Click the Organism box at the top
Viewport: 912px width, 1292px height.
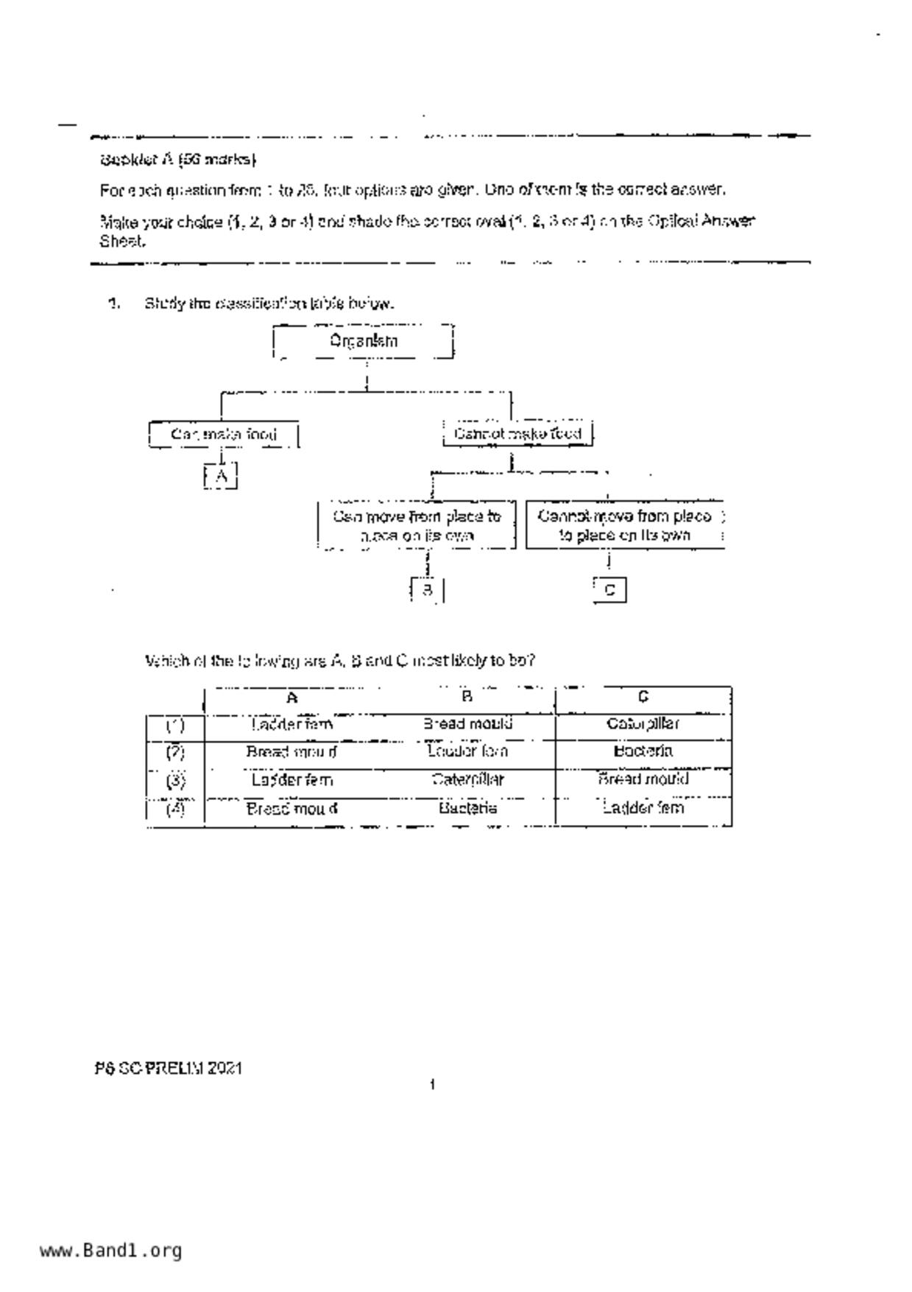pos(363,341)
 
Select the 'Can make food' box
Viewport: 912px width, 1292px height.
pos(224,434)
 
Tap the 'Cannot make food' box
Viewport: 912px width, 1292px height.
pos(517,433)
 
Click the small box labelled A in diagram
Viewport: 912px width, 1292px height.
pos(221,476)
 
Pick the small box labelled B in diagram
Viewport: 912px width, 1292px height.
pos(427,589)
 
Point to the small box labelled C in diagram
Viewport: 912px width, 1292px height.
pos(609,590)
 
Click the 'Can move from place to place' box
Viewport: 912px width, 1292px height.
pos(417,525)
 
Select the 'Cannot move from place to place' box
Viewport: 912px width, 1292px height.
pos(625,525)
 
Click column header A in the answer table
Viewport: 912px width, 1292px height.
pos(292,698)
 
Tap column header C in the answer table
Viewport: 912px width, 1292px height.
pos(643,697)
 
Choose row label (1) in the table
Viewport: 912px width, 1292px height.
pos(174,726)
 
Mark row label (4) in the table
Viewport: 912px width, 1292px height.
pos(174,809)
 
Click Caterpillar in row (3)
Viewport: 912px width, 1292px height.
pos(467,779)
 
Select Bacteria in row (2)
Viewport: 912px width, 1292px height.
pos(643,751)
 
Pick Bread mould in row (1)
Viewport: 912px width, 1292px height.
pos(467,724)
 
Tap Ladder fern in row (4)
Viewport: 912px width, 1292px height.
pos(643,808)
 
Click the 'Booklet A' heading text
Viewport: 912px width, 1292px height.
pos(178,159)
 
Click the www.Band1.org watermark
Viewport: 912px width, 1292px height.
pos(111,1250)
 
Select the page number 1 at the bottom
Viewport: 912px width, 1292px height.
pos(433,1084)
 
